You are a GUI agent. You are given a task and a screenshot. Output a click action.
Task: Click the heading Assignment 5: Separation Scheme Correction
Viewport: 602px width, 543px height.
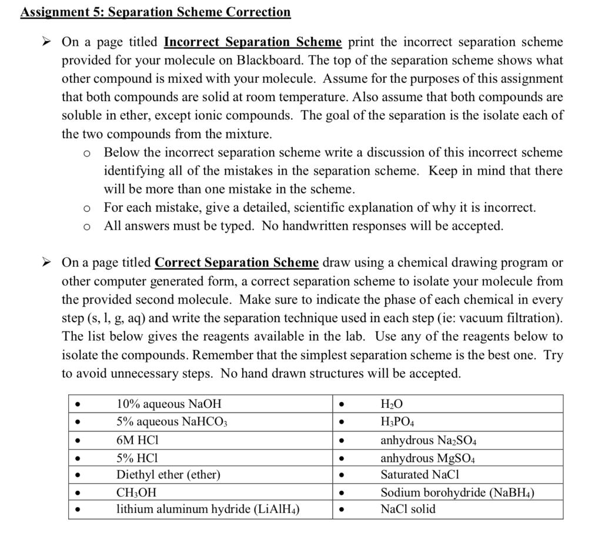[155, 12]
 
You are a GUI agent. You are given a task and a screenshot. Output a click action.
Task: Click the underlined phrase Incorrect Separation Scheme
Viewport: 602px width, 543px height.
[253, 42]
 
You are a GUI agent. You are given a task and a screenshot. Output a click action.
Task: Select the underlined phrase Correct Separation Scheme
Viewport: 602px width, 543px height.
[237, 263]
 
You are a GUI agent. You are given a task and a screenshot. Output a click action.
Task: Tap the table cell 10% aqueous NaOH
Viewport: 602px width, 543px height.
[169, 404]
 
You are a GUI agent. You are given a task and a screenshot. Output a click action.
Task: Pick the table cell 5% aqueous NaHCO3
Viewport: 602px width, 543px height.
[172, 421]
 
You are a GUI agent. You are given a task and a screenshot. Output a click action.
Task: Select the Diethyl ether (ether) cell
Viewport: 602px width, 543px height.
[168, 474]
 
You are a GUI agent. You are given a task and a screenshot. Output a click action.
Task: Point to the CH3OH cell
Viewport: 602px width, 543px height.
[136, 492]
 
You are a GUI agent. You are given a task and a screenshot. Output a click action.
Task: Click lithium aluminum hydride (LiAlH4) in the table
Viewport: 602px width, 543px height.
[208, 510]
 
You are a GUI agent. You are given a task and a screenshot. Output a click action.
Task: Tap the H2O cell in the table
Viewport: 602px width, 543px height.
[392, 404]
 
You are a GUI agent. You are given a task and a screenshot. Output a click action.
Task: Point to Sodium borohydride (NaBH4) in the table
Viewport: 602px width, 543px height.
[457, 492]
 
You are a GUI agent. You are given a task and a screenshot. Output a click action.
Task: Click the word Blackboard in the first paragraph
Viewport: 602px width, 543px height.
[267, 61]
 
